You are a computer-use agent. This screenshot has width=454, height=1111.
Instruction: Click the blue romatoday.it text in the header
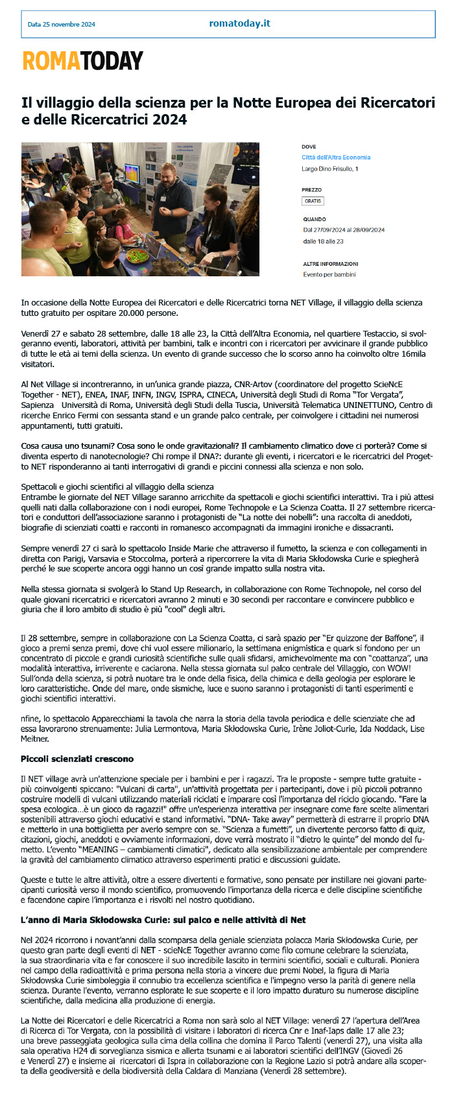coord(239,23)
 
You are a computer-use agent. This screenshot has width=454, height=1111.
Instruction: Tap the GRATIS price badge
coord(313,201)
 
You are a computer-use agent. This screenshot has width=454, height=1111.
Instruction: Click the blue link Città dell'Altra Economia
coord(336,158)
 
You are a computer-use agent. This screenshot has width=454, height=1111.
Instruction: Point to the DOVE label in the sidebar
coord(309,147)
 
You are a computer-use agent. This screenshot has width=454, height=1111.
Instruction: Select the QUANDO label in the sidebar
coord(315,219)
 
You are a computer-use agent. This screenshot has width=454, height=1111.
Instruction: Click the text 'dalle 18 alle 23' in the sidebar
coord(323,241)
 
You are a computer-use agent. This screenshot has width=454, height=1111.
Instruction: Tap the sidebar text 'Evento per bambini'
coord(329,274)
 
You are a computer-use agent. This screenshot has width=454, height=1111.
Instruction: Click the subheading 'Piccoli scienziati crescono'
coord(77,758)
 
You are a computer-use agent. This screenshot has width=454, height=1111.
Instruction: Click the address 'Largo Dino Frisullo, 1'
coord(330,169)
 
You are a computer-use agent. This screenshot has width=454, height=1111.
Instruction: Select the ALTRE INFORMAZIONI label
coord(331,264)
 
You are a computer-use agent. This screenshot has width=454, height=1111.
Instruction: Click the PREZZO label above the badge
coord(311,190)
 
